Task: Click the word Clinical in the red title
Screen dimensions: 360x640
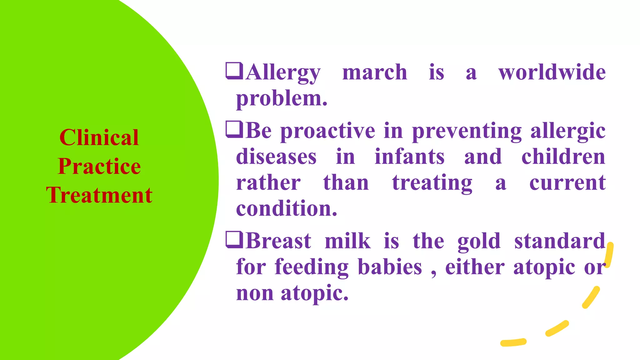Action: (99, 137)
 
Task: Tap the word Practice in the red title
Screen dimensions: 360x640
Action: (99, 166)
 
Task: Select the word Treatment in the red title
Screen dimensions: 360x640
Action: (99, 195)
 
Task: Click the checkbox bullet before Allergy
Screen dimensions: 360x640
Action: (234, 71)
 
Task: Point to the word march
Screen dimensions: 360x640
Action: (374, 72)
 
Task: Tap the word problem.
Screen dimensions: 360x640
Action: (281, 99)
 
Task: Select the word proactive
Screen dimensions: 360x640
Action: (327, 131)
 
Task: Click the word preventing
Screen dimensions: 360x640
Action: (467, 131)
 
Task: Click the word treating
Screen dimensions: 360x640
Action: (432, 183)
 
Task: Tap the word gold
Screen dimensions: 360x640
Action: (479, 242)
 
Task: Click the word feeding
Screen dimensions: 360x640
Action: (311, 268)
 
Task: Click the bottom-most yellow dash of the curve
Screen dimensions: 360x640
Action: (513, 342)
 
